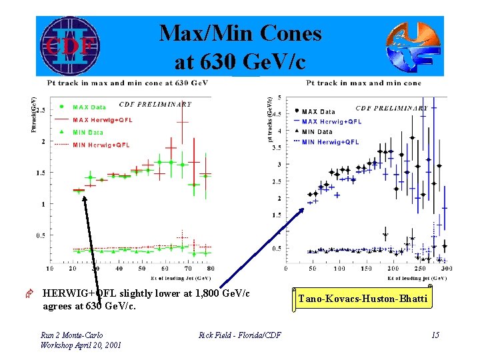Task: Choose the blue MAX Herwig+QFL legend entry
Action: click(x=331, y=121)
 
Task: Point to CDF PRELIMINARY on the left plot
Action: click(x=155, y=104)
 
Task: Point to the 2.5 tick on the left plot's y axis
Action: click(x=41, y=110)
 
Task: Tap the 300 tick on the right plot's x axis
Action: click(x=446, y=269)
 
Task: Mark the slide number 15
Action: click(x=435, y=335)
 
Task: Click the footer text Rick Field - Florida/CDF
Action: click(x=240, y=335)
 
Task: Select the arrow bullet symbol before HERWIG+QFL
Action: click(x=29, y=294)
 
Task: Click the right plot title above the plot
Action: click(x=363, y=83)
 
